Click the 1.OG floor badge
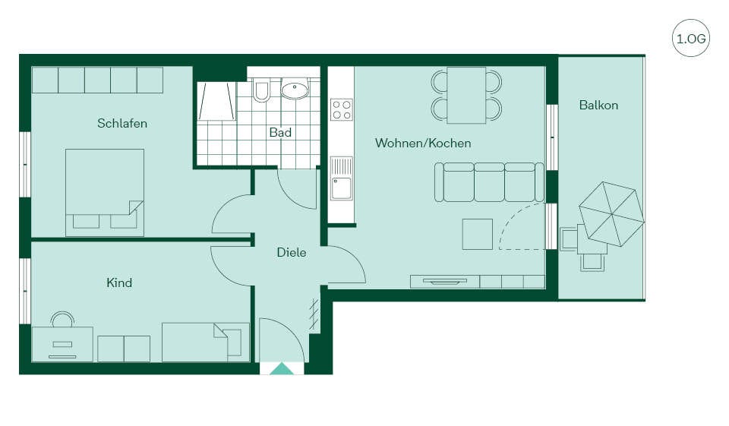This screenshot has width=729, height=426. click(x=691, y=38)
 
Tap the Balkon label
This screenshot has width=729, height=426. click(x=598, y=105)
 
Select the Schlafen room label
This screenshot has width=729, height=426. click(x=122, y=123)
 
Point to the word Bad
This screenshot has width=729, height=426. click(x=280, y=133)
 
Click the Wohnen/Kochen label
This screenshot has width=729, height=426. click(x=423, y=143)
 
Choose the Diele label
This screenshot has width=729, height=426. click(x=292, y=253)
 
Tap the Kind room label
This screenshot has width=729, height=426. click(x=119, y=282)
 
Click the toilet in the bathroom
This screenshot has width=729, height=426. click(x=261, y=90)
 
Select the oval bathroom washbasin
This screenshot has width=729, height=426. click(x=295, y=90)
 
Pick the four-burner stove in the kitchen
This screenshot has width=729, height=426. click(x=342, y=110)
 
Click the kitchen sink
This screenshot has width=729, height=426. click(x=341, y=178)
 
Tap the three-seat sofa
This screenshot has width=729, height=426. click(x=489, y=181)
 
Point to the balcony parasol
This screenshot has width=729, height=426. click(x=611, y=214)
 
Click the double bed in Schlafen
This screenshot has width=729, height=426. click(x=105, y=193)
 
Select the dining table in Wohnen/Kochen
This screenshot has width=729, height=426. click(x=466, y=96)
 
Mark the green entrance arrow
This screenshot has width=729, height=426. click(x=282, y=369)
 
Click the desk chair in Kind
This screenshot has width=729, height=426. click(x=62, y=320)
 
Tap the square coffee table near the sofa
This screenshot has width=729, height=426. click(x=478, y=235)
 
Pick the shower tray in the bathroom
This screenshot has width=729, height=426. click(x=216, y=102)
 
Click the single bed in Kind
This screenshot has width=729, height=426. click(x=206, y=342)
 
